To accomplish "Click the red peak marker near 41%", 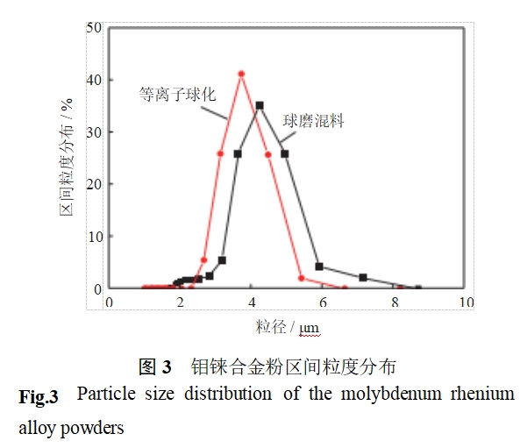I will point(241,74).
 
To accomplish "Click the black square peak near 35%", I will point(260,105).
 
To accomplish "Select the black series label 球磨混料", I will point(312,121).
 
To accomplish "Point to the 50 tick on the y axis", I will point(94,27).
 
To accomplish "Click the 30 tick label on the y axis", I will point(94,132).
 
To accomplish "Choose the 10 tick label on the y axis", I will point(94,237).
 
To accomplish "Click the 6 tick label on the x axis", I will point(324,302).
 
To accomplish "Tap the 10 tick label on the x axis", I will point(465,302).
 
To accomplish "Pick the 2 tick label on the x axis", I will point(181,302).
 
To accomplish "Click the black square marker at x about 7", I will point(363,278).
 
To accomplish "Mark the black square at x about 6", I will point(319,267).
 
